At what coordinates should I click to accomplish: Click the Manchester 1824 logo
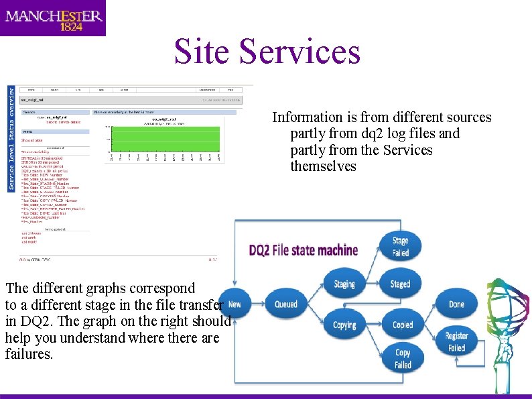(53, 18)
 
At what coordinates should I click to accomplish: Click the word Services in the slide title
(300, 52)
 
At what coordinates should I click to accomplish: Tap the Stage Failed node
(400, 245)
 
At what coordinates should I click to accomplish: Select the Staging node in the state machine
(344, 284)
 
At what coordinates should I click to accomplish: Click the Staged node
(400, 284)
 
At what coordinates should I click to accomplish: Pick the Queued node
(286, 304)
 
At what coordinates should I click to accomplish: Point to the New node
(235, 304)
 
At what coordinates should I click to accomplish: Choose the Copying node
(344, 325)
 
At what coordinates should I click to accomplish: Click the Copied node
(402, 325)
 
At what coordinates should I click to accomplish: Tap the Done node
(456, 304)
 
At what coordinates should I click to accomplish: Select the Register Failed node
(456, 342)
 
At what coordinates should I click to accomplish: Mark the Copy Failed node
(403, 359)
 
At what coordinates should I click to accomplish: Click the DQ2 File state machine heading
(304, 251)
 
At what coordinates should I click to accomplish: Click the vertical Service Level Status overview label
(11, 137)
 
